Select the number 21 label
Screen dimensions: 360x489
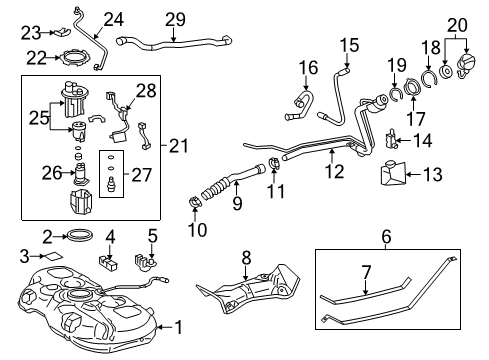pyautogui.click(x=178, y=146)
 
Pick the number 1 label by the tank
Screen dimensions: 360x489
pyautogui.click(x=180, y=326)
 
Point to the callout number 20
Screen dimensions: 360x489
pyautogui.click(x=457, y=23)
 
